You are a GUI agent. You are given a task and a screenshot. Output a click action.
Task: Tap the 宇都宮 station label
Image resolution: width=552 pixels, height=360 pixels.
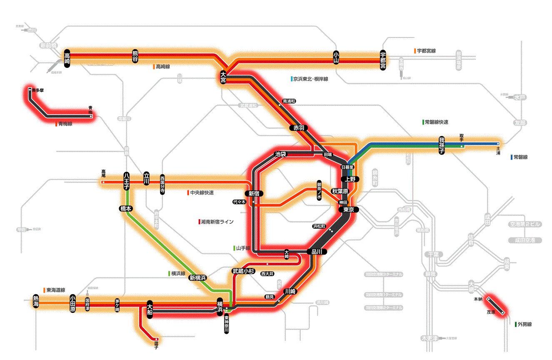tap(383, 60)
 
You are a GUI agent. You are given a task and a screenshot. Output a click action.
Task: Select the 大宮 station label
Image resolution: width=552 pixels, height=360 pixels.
tap(223, 77)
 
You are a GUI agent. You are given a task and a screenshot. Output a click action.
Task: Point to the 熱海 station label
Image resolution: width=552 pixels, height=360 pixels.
tap(36, 301)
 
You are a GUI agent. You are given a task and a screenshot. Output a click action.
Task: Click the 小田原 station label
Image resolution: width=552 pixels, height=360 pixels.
tap(72, 303)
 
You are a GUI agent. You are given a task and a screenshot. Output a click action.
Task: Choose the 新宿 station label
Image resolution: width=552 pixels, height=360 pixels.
tap(254, 193)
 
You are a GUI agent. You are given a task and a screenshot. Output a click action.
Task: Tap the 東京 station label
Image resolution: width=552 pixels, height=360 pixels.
tap(348, 210)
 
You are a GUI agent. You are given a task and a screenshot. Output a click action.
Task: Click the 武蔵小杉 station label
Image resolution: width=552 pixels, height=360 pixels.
tap(244, 271)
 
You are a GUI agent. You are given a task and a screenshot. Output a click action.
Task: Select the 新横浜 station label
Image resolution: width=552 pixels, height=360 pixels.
tap(198, 277)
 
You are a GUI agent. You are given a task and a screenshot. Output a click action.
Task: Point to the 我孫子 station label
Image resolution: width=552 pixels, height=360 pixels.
tap(442, 145)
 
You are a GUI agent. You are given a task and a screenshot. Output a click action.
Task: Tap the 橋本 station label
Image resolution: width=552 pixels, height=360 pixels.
tap(126, 208)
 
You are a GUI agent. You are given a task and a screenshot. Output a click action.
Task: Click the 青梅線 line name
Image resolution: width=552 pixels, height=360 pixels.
tap(65, 124)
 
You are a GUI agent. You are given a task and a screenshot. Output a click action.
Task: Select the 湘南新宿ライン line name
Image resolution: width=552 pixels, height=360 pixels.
tap(217, 222)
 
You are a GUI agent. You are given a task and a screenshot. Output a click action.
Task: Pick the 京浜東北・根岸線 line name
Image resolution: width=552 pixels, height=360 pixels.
tap(310, 79)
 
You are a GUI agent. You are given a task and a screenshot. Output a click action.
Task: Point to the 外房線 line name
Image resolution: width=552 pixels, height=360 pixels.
tap(524, 324)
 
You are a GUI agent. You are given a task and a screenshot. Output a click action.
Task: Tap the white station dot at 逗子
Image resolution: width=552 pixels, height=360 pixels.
tap(157, 339)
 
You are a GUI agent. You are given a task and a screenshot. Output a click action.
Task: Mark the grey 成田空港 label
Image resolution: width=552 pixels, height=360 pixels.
tap(525, 240)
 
